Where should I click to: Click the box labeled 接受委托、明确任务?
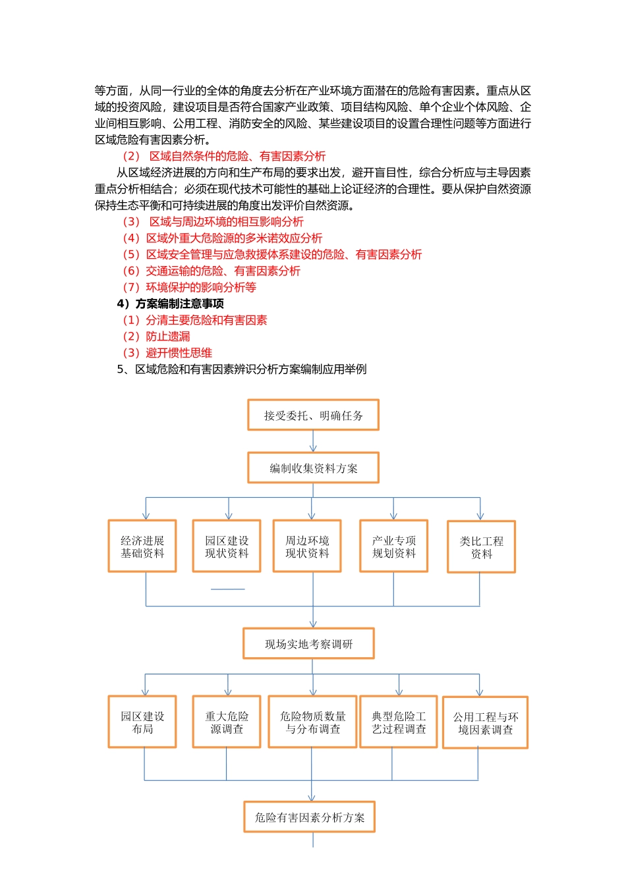[313, 415]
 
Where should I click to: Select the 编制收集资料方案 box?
[313, 468]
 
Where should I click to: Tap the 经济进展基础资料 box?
[142, 547]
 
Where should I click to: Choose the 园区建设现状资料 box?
[227, 547]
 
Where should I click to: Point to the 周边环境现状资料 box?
[307, 547]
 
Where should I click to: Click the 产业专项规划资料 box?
[394, 547]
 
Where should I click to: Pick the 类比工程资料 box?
[481, 547]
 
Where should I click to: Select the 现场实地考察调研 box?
[308, 644]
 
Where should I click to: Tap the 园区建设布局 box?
[142, 722]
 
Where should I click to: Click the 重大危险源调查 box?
[227, 722]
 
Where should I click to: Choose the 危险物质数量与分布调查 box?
[313, 722]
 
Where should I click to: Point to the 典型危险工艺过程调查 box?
[399, 722]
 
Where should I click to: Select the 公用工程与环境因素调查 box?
[485, 723]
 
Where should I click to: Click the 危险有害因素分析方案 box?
[309, 817]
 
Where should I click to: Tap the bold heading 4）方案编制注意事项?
[170, 304]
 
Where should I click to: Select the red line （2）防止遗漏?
[157, 336]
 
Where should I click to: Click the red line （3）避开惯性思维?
[167, 353]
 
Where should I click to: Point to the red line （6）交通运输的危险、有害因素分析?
[212, 271]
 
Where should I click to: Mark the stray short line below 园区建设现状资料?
[227, 589]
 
